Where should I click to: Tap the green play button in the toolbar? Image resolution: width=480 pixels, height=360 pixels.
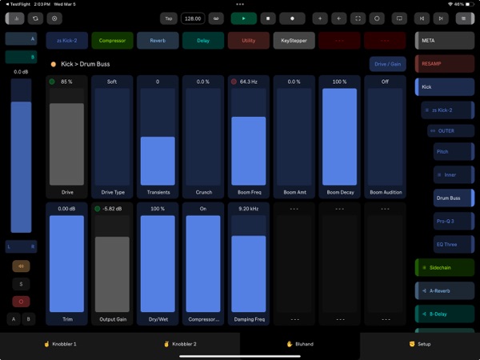click(244, 18)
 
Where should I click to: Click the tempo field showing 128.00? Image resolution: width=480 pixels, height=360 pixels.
click(193, 18)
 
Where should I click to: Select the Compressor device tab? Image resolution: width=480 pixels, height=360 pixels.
click(112, 41)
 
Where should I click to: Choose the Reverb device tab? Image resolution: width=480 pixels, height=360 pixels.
click(158, 41)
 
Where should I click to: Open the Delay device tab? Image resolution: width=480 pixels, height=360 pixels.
click(203, 41)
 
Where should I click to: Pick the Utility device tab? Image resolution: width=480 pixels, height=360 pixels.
click(249, 41)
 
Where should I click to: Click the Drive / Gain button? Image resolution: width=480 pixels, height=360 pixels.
click(387, 64)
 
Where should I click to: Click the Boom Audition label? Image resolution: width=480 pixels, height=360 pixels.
click(386, 192)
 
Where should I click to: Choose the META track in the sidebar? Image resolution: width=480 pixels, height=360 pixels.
click(446, 40)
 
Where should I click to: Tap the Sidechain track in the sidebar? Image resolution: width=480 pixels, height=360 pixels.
click(446, 269)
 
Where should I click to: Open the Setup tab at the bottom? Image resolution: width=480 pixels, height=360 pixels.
click(419, 344)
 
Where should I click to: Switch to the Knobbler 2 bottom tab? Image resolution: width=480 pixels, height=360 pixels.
click(180, 344)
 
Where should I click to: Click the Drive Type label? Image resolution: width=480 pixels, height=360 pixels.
click(112, 192)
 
